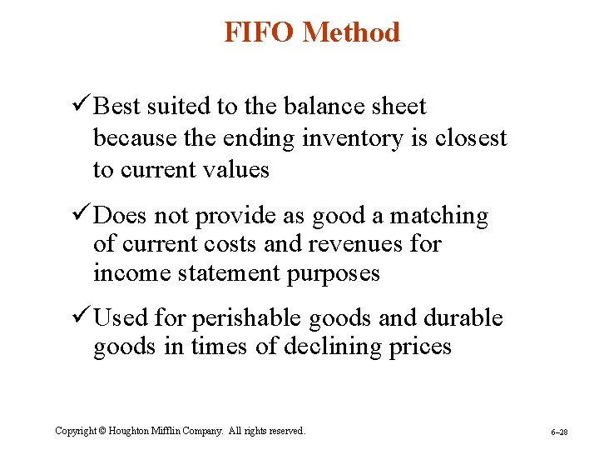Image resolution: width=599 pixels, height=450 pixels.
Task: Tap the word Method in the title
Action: (352, 32)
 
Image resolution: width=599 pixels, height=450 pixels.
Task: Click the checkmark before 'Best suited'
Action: (81, 106)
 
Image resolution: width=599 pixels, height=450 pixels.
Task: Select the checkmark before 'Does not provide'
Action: (81, 215)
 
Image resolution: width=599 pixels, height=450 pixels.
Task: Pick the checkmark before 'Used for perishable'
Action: (81, 317)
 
